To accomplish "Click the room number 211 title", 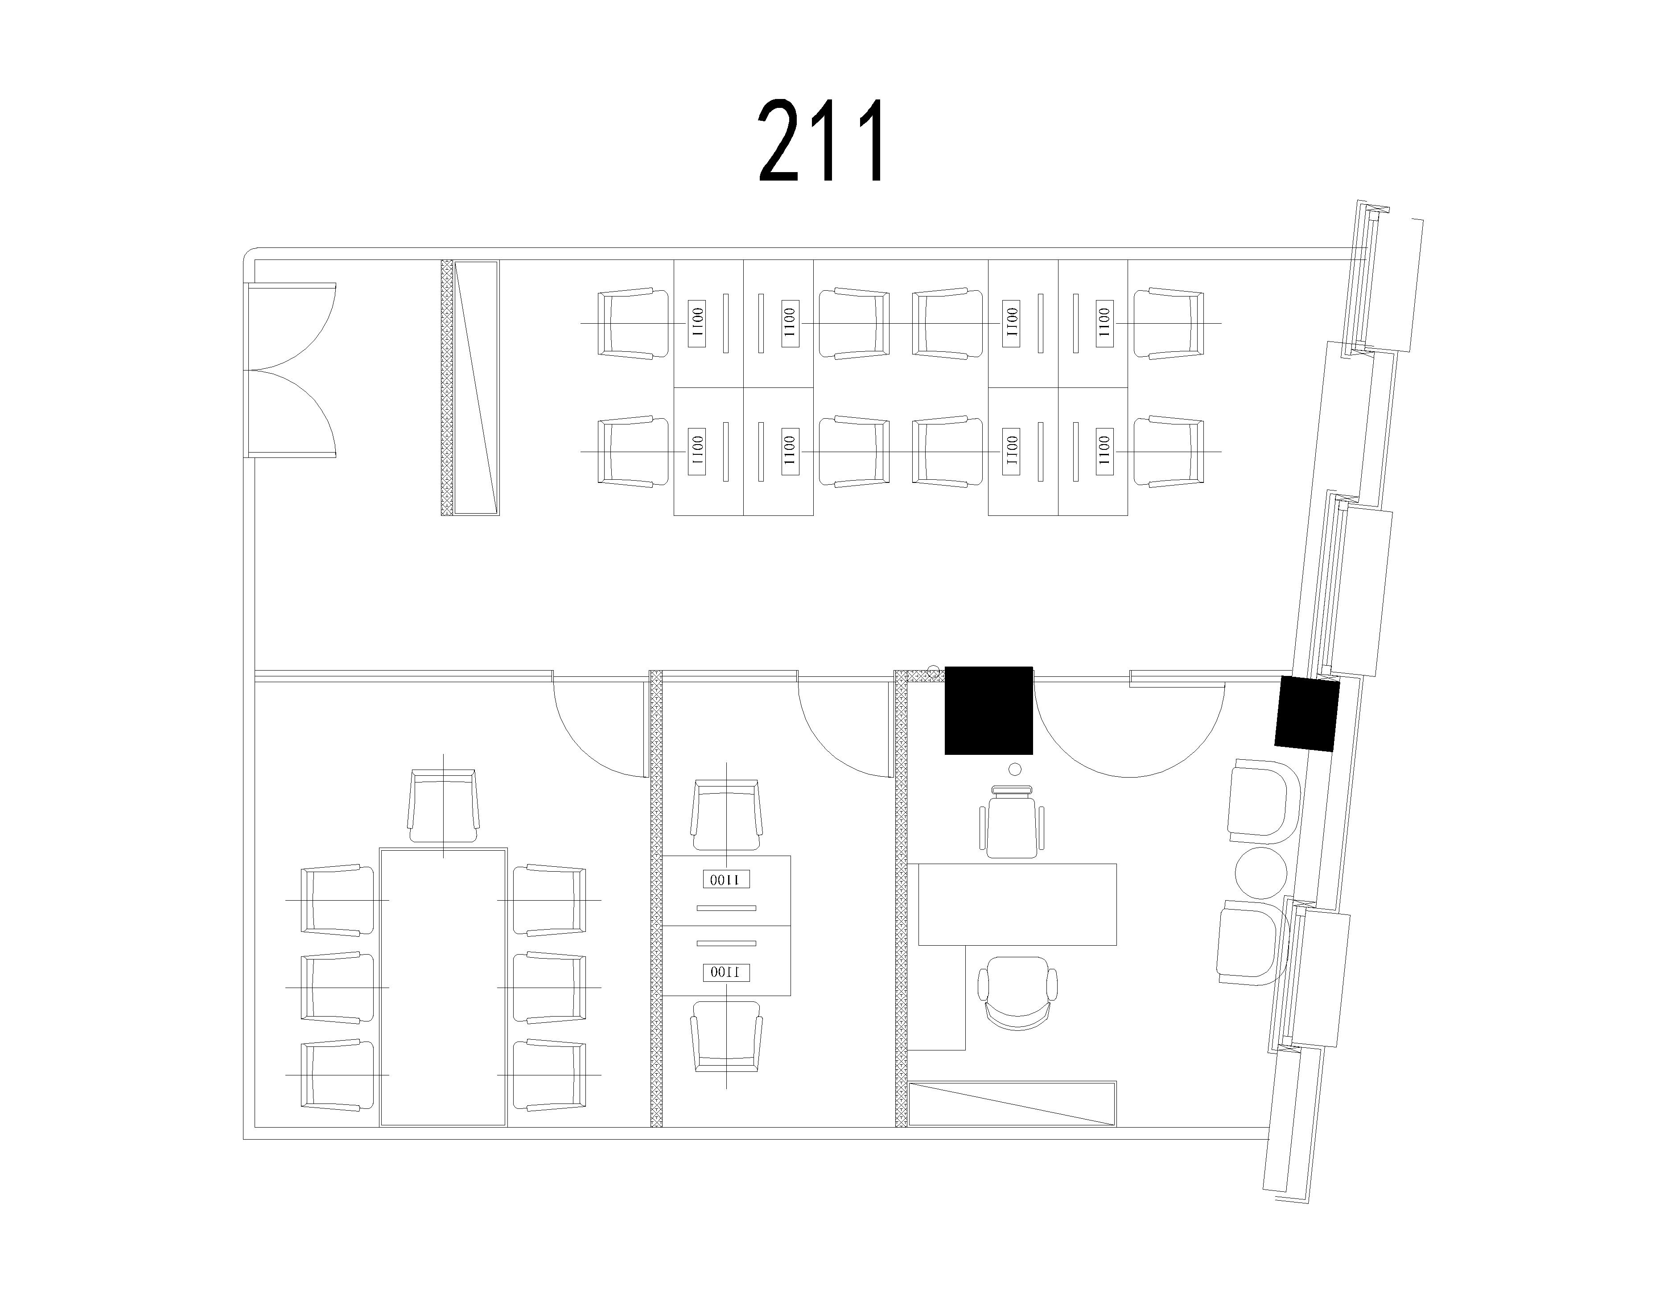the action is click(821, 140).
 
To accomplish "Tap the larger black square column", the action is click(988, 710).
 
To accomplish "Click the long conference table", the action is click(443, 987).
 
